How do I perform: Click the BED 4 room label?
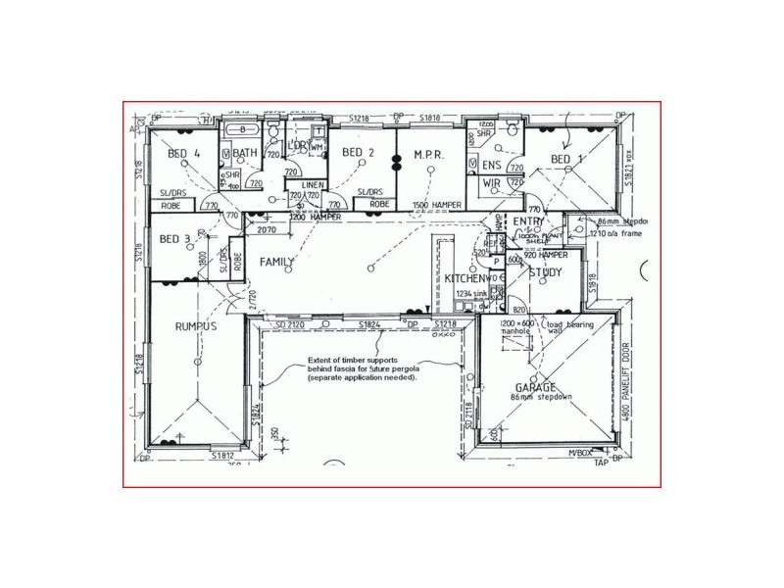pyautogui.click(x=183, y=154)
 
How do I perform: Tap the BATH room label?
pyautogui.click(x=245, y=153)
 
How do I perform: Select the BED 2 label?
pyautogui.click(x=358, y=153)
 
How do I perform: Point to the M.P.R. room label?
pyautogui.click(x=430, y=155)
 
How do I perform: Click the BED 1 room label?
pyautogui.click(x=567, y=159)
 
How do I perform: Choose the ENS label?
pyautogui.click(x=492, y=165)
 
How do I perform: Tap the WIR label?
pyautogui.click(x=492, y=183)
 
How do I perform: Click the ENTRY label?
pyautogui.click(x=528, y=222)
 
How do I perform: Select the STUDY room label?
pyautogui.click(x=545, y=272)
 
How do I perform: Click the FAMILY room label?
pyautogui.click(x=278, y=263)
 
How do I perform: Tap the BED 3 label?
pyautogui.click(x=174, y=239)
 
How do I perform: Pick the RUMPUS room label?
pyautogui.click(x=195, y=326)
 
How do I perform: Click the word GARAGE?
pyautogui.click(x=537, y=387)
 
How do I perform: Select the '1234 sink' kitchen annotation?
pyautogui.click(x=460, y=293)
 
